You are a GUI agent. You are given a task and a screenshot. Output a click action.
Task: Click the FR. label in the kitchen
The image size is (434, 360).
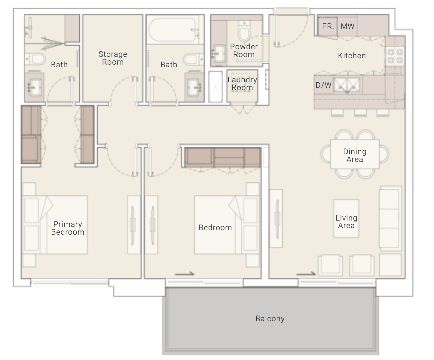point(328,26)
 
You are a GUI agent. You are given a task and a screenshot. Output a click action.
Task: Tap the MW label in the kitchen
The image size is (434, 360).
point(347,26)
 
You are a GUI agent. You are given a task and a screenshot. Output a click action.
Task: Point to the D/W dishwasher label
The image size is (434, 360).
point(323,85)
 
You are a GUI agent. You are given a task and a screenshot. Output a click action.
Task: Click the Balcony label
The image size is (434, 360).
point(270,319)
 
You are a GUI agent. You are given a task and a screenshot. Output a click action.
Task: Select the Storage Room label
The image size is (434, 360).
point(113,58)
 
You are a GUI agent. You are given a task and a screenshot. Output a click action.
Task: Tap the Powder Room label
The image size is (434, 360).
point(244,50)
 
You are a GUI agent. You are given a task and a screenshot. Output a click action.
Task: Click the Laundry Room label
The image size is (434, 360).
point(242,84)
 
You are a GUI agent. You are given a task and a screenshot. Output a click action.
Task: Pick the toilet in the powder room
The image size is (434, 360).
point(244,31)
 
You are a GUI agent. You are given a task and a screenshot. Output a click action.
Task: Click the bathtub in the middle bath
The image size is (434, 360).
point(172,30)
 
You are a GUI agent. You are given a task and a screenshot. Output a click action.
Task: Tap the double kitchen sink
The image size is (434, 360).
point(347,85)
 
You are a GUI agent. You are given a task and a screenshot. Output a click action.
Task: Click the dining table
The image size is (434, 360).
point(355,154)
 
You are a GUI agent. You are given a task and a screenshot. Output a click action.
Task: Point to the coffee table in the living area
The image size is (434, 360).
point(346,218)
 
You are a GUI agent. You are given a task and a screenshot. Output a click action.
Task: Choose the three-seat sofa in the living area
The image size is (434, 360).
point(390,218)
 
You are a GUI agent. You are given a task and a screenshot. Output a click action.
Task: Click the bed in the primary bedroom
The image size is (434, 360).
point(55,225)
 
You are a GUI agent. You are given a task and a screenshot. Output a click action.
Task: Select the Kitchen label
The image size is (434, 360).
point(352,56)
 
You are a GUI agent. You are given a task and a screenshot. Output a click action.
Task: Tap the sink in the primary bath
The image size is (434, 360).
point(34,87)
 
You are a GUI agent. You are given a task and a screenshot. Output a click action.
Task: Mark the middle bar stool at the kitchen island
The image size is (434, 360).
point(360,112)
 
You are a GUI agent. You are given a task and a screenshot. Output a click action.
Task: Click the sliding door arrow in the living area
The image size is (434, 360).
point(306,274)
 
